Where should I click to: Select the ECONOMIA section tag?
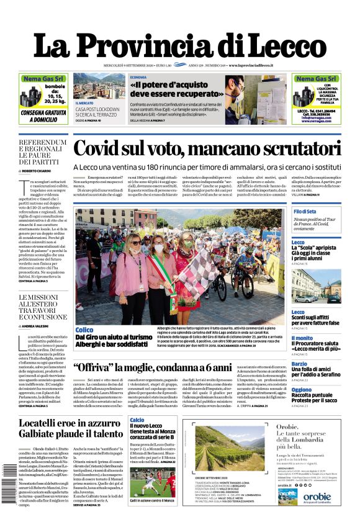point(138,77)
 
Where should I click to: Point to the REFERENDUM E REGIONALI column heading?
point(42,151)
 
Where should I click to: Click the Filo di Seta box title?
point(305,212)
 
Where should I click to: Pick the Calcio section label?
point(137,420)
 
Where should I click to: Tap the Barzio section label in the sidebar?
point(299,364)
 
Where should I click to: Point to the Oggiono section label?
point(302,390)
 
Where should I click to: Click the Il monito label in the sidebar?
point(302,338)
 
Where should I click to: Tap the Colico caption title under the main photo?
point(84,330)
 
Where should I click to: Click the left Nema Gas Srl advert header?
point(43,79)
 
